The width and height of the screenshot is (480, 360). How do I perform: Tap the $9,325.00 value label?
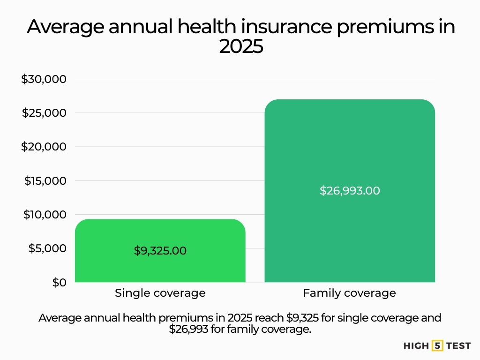tap(160, 251)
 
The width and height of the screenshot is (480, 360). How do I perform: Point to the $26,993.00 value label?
tap(350, 191)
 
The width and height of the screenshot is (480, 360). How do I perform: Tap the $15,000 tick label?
tap(45, 180)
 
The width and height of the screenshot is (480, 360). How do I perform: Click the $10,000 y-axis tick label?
tap(45, 215)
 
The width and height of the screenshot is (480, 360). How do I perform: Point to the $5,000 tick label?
tap(47, 248)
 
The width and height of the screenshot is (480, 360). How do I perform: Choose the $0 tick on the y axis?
tap(59, 282)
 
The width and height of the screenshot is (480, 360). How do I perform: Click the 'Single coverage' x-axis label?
tap(160, 293)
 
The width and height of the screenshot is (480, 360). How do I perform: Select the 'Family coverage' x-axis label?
tap(350, 293)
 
